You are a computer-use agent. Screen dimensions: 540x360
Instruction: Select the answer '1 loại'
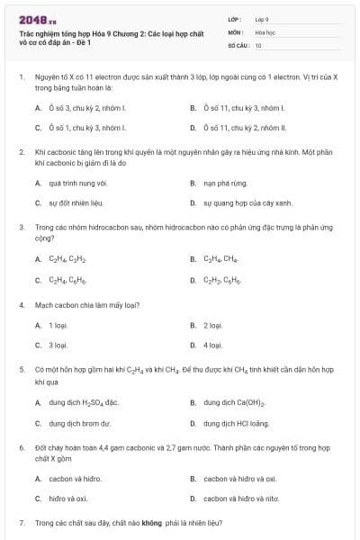pyautogui.click(x=58, y=325)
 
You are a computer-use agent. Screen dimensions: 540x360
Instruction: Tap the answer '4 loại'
pyautogui.click(x=212, y=345)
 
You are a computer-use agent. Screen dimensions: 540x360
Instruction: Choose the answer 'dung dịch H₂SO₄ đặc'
pyautogui.click(x=84, y=402)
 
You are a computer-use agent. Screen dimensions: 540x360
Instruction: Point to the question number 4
pyautogui.click(x=21, y=305)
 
